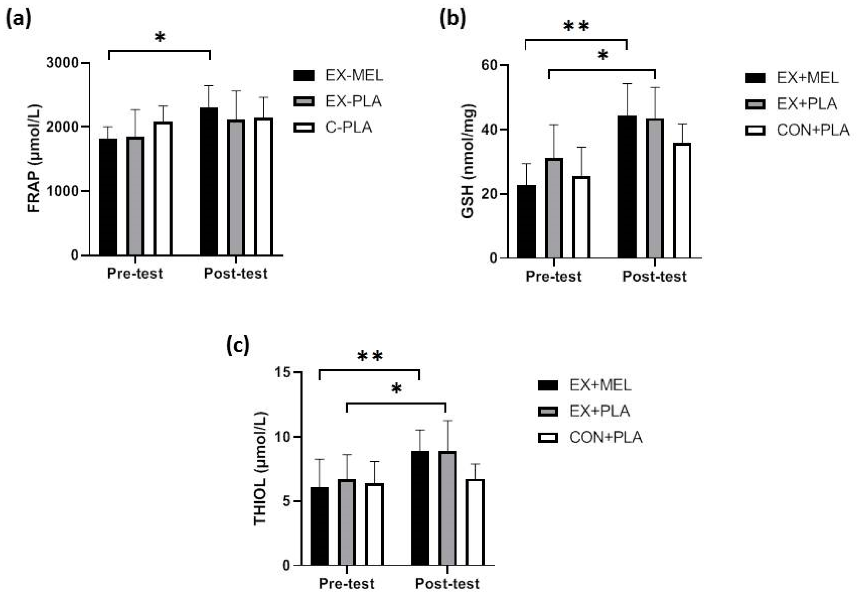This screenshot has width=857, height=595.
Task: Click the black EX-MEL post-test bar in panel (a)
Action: coord(209,181)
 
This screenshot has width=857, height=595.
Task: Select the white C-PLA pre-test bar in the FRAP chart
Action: coord(163,188)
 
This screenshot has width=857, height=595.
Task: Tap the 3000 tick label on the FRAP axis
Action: coord(63,63)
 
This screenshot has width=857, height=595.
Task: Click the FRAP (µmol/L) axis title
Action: coord(34,158)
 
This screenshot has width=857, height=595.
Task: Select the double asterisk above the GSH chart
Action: coord(576,26)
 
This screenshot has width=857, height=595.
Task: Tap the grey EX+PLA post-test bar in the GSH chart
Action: coord(655,188)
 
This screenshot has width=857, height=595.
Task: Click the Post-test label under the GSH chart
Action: coord(654,276)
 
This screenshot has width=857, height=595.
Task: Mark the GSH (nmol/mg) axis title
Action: coord(468,161)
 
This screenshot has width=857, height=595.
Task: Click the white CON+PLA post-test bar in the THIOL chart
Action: coord(475,522)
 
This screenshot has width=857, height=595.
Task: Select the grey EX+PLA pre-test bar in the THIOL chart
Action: coord(347,522)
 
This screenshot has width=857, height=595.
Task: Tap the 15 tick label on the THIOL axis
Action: coord(283,372)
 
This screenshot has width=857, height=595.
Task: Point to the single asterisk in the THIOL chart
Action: coord(397,389)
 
